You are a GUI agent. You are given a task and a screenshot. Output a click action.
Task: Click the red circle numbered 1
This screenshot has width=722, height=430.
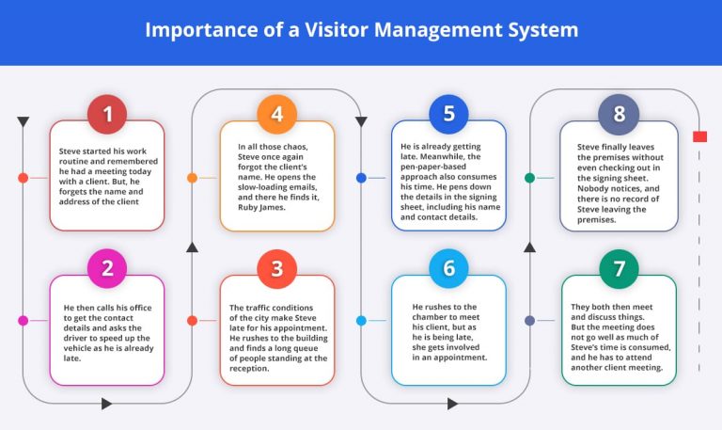click(107, 115)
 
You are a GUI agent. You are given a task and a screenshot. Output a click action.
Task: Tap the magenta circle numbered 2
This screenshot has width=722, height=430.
click(107, 268)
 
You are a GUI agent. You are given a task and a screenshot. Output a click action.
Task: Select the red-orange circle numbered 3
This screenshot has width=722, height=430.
click(276, 268)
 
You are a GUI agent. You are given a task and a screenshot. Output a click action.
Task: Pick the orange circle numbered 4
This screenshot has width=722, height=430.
click(276, 115)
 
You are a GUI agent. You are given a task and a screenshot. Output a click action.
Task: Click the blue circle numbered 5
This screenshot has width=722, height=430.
click(448, 115)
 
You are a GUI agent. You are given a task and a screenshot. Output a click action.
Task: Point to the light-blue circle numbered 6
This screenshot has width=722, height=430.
click(448, 268)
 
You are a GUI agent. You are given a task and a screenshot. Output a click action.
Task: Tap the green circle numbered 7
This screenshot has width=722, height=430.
click(619, 268)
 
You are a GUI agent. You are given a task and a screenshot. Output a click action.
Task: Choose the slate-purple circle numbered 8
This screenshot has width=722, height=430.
click(619, 115)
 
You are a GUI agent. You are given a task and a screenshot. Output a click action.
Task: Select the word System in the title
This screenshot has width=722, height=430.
click(542, 30)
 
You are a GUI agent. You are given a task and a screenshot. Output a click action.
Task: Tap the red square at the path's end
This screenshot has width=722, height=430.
click(699, 136)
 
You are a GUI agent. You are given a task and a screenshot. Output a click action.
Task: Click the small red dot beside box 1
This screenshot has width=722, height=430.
click(23, 177)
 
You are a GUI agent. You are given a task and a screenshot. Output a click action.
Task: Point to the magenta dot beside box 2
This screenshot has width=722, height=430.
click(23, 320)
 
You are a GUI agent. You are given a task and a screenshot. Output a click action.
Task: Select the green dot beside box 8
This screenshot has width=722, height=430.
click(529, 177)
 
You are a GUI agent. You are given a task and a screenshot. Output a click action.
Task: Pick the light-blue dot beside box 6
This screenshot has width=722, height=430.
click(361, 320)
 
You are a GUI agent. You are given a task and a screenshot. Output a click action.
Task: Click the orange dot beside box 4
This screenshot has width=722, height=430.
click(192, 177)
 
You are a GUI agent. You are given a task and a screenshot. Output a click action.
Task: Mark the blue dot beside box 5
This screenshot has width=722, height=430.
click(361, 177)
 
